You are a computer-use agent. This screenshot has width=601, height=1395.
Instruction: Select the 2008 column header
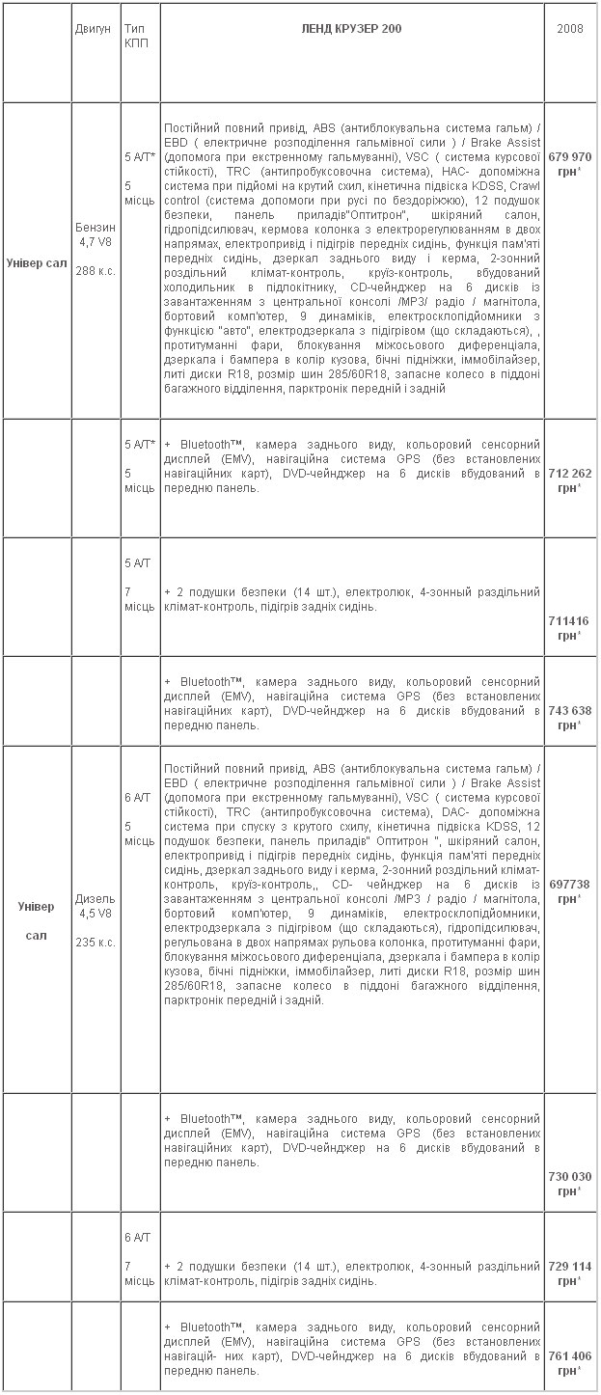569,29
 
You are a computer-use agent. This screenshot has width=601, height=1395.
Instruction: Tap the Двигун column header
95,29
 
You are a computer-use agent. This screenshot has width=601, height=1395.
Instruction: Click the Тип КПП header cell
136,37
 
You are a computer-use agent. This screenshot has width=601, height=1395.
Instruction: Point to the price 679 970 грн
569,163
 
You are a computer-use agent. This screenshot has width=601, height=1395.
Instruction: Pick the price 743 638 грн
569,717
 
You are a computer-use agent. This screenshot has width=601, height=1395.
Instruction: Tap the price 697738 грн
569,890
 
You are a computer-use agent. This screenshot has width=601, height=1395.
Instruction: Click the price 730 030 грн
569,1184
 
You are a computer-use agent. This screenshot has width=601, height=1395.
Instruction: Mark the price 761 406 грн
569,1361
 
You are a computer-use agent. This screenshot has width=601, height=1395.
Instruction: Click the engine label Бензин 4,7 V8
95,235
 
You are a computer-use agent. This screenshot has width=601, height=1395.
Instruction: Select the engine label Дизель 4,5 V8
95,906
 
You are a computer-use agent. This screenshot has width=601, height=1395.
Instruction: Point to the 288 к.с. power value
95,271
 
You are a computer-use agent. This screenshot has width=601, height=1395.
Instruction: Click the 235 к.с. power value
95,942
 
